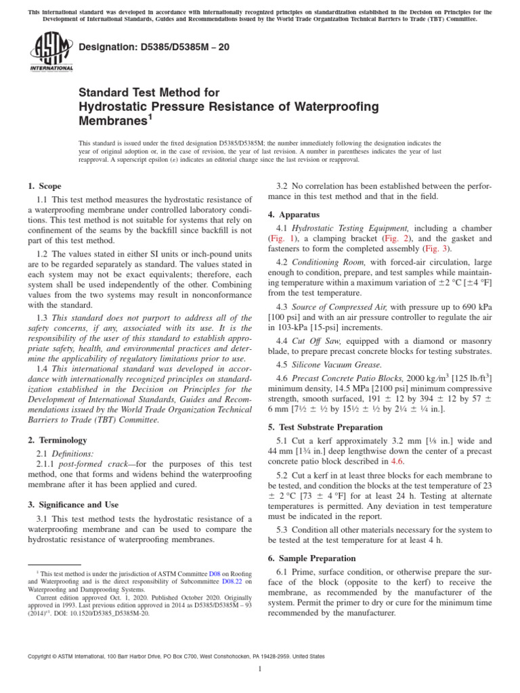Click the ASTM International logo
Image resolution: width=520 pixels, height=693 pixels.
pyautogui.click(x=51, y=53)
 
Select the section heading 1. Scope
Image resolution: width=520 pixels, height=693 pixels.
pyautogui.click(x=44, y=186)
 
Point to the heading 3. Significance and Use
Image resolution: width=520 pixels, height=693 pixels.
pyautogui.click(x=73, y=505)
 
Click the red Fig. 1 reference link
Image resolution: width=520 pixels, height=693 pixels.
pyautogui.click(x=280, y=239)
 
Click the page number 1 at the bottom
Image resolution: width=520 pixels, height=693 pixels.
pyautogui.click(x=260, y=669)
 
